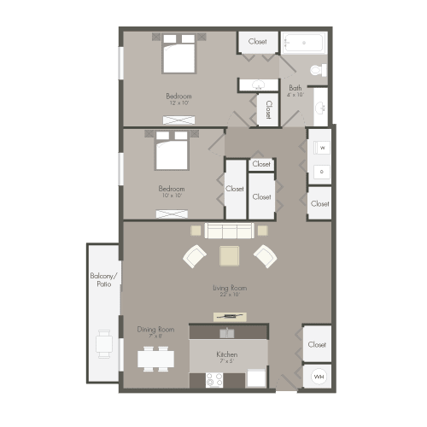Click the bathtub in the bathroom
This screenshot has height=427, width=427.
pyautogui.click(x=304, y=42)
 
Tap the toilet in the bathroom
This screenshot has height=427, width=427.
pyautogui.click(x=319, y=70)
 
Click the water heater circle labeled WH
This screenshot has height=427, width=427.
pyautogui.click(x=319, y=376)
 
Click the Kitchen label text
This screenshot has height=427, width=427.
pyautogui.click(x=226, y=354)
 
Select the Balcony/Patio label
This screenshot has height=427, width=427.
pyautogui.click(x=102, y=279)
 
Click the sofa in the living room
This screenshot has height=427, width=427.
pyautogui.click(x=229, y=231)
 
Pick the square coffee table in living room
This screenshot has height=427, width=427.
pyautogui.click(x=230, y=255)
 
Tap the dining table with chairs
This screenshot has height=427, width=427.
pyautogui.click(x=155, y=359)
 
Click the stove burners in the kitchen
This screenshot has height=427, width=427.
pyautogui.click(x=214, y=380)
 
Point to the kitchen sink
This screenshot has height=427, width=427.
pyautogui.click(x=228, y=333)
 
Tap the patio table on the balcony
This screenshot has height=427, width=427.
pyautogui.click(x=104, y=343)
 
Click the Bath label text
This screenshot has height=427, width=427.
pyautogui.click(x=295, y=88)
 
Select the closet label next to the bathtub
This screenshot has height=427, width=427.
pyautogui.click(x=258, y=42)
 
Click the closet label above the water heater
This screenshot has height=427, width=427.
pyautogui.click(x=318, y=345)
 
